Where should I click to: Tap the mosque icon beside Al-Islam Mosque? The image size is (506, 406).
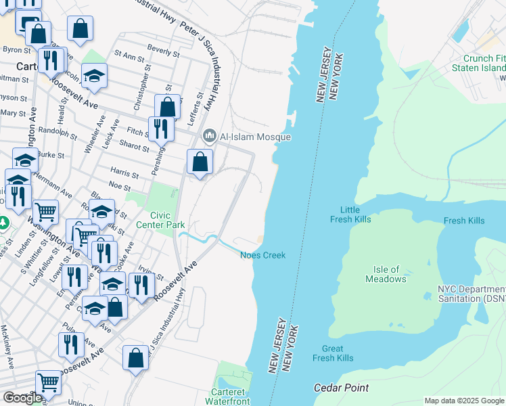tap(209, 137)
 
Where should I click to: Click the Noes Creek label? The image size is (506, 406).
tap(263, 255)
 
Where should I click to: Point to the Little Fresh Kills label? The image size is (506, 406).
tap(350, 215)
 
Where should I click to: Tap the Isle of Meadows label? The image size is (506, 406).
tap(386, 274)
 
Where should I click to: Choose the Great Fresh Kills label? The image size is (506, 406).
tap(332, 353)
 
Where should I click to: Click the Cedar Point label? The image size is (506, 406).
tap(342, 388)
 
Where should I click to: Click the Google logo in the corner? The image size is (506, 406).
tap(22, 398)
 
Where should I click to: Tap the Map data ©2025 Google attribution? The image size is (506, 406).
tap(464, 401)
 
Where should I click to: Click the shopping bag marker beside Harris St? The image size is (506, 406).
tap(200, 162)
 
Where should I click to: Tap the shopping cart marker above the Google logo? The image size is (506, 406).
tap(48, 383)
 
